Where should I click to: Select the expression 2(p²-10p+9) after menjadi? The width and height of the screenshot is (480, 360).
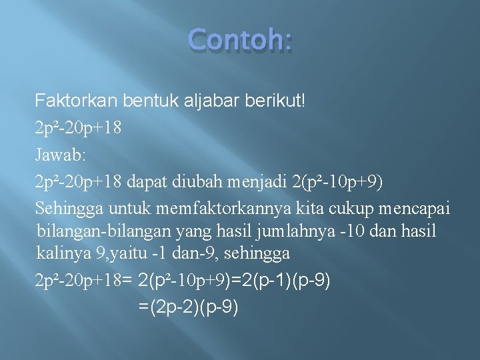coord(337,181)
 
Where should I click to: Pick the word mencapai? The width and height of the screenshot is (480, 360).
coord(415,208)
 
